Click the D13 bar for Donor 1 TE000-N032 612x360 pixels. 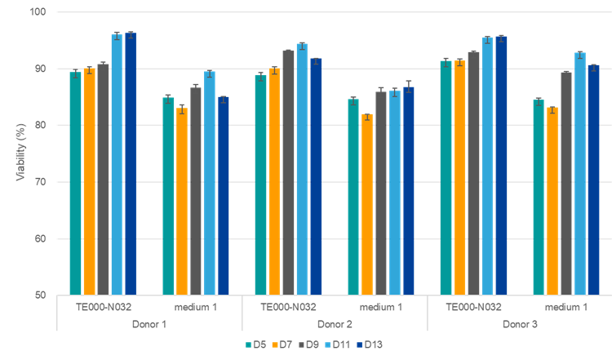[131, 163]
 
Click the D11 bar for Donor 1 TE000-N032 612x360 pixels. [117, 164]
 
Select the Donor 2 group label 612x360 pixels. [335, 323]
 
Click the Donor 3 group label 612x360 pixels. [520, 323]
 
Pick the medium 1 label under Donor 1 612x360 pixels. [196, 307]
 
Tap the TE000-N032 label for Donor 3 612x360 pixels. [473, 307]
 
